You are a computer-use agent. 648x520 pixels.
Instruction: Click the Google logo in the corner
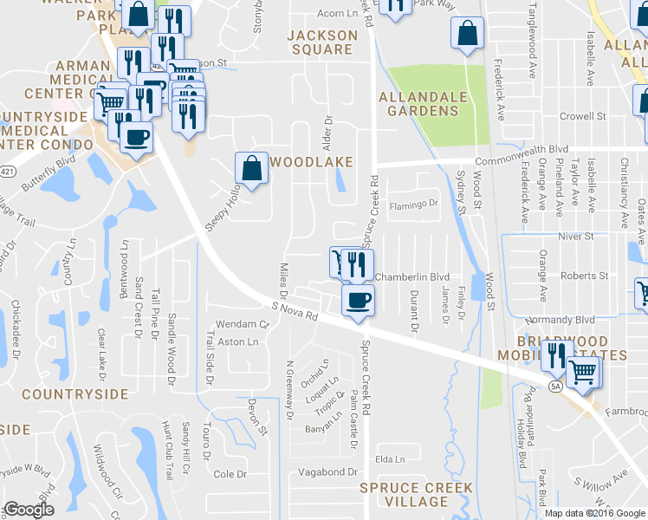point(29,510)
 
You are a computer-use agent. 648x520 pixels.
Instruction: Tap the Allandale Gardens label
point(418,104)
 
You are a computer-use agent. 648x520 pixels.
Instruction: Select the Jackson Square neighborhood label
point(322,42)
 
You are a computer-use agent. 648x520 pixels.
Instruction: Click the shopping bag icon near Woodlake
point(251,169)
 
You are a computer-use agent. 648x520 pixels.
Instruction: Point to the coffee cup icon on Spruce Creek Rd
point(357,301)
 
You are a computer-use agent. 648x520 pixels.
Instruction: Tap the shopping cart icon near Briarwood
point(584,372)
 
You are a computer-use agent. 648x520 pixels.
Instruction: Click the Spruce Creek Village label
point(405,495)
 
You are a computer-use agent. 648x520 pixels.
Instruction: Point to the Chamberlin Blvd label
point(411,276)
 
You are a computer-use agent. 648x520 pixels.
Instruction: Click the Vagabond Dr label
point(322,471)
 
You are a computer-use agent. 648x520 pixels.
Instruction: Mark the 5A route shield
point(555,388)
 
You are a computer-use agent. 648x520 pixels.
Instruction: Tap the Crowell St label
point(582,116)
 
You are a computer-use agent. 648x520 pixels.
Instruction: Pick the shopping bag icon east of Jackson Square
point(467,34)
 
